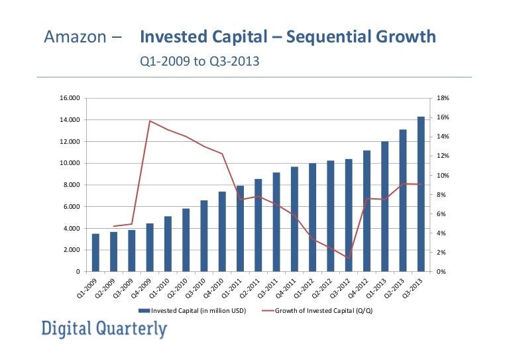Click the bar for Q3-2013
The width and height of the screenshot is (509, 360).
coord(420,194)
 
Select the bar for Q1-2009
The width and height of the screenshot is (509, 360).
coord(96,253)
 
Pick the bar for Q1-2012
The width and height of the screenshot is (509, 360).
coord(312,217)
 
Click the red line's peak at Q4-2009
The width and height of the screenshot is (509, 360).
coord(150,121)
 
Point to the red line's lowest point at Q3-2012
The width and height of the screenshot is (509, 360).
coord(348,259)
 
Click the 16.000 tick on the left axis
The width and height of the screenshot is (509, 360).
coord(71,98)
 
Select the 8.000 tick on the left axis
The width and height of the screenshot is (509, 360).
coord(72,185)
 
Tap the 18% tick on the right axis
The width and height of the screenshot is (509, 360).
coord(444,98)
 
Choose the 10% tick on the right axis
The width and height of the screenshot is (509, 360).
coord(444,176)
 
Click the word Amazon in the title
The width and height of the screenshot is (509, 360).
coord(74,36)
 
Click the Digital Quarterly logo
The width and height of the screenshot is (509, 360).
coord(104,329)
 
